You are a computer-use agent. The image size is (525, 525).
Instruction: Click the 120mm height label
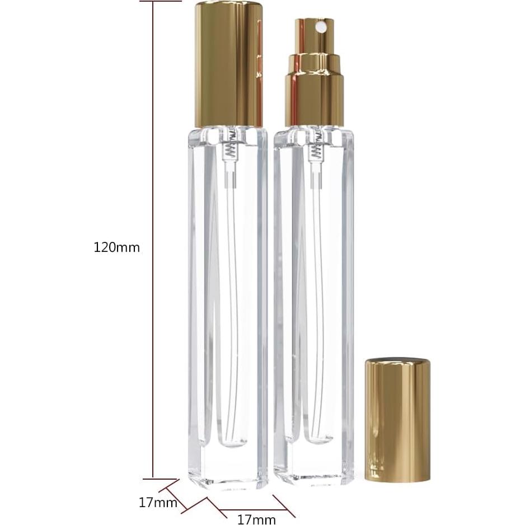point(116,247)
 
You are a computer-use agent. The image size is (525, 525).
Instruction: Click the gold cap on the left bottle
point(228,64)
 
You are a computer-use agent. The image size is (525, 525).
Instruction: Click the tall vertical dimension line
point(153,241)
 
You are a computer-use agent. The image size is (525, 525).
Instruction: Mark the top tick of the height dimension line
point(161,1)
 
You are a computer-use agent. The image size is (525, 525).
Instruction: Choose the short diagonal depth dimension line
point(168,487)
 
